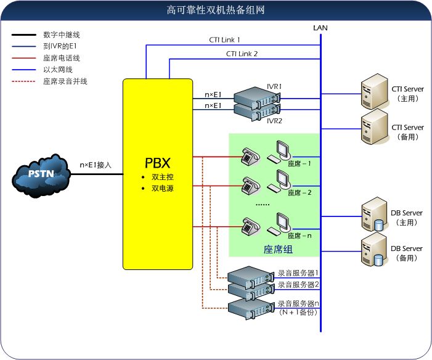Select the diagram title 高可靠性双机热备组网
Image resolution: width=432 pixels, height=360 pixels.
[x=216, y=10]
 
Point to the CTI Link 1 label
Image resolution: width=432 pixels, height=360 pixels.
[x=224, y=40]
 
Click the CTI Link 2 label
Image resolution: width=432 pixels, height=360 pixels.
[x=242, y=54]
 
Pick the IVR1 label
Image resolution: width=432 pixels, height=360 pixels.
[x=274, y=86]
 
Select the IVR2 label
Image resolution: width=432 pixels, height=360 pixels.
[x=274, y=121]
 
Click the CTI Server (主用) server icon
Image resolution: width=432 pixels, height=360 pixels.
[x=373, y=91]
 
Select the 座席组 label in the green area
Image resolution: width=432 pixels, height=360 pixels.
[x=278, y=249]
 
